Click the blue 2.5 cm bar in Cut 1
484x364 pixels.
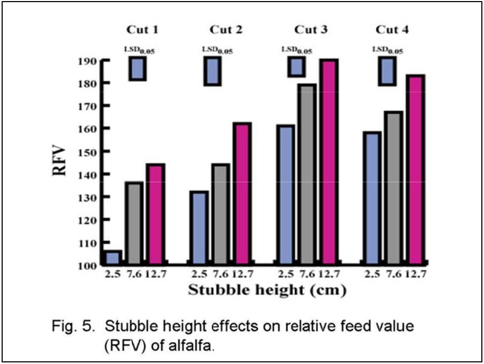(113, 257)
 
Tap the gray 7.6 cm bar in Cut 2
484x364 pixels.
(221, 213)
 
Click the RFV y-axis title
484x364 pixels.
(60, 161)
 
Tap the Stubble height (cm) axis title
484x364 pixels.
(266, 291)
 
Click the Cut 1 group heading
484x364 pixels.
(142, 29)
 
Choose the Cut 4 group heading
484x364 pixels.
(392, 29)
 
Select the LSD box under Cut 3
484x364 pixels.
(296, 67)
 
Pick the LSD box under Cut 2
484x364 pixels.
(213, 71)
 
